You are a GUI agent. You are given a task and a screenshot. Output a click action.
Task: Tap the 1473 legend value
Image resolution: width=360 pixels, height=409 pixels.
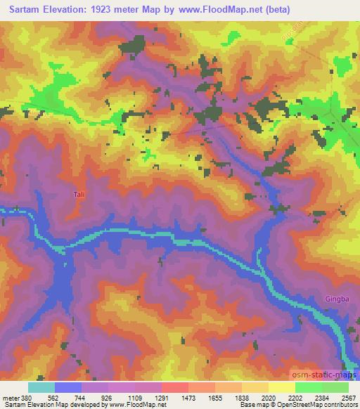coord(188,397)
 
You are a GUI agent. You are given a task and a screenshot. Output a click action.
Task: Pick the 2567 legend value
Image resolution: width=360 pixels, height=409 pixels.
coord(348,397)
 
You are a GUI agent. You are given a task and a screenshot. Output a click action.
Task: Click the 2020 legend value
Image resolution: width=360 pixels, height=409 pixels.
coord(268,397)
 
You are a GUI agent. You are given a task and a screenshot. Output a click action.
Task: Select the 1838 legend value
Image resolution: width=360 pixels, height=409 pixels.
coord(241,397)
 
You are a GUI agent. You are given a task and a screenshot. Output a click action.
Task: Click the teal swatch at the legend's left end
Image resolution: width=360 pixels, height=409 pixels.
coord(41,387)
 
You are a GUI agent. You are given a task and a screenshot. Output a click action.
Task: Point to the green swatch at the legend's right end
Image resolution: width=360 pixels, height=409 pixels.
coord(335,387)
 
